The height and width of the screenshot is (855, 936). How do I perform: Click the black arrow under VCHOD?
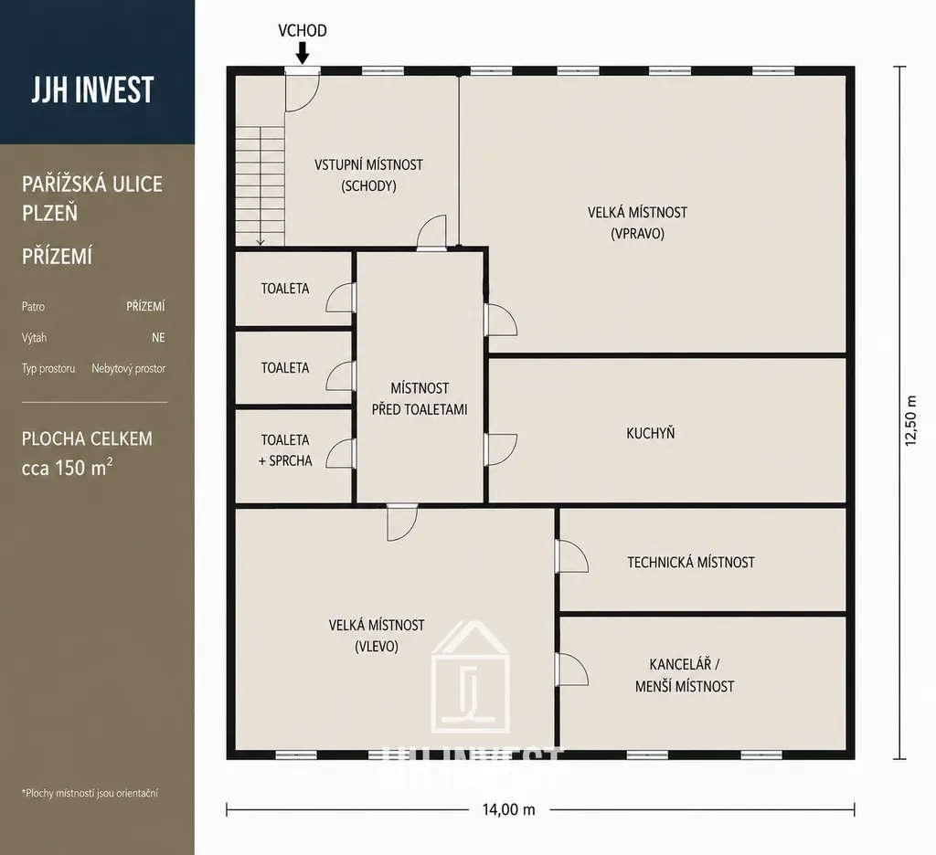(x=303, y=52)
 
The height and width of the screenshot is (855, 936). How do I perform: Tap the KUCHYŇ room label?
(x=651, y=433)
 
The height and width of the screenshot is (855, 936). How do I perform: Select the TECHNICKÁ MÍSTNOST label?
(x=691, y=562)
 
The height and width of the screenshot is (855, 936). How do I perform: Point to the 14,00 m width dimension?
(x=508, y=809)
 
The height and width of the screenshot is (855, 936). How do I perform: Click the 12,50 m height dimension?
(x=910, y=420)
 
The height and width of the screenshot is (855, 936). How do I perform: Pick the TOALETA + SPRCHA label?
(x=285, y=450)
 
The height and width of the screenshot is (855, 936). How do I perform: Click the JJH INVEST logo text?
(x=92, y=90)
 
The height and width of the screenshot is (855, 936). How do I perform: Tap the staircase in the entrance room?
(x=260, y=185)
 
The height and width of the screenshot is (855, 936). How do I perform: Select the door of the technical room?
(x=571, y=556)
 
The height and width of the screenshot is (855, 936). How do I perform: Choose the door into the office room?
(x=571, y=670)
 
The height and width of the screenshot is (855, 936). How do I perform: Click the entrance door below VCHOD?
(x=302, y=90)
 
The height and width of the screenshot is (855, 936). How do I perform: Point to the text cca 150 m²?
(x=67, y=467)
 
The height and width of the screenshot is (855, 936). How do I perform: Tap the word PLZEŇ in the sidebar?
(x=49, y=213)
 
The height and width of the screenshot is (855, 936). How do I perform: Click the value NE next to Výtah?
(x=158, y=338)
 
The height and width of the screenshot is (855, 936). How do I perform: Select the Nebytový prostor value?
(x=128, y=369)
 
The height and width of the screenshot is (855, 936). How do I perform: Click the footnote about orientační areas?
(x=90, y=793)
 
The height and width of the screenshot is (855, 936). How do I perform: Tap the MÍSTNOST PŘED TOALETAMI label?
(x=420, y=399)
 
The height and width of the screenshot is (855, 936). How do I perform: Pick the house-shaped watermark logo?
(x=471, y=677)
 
